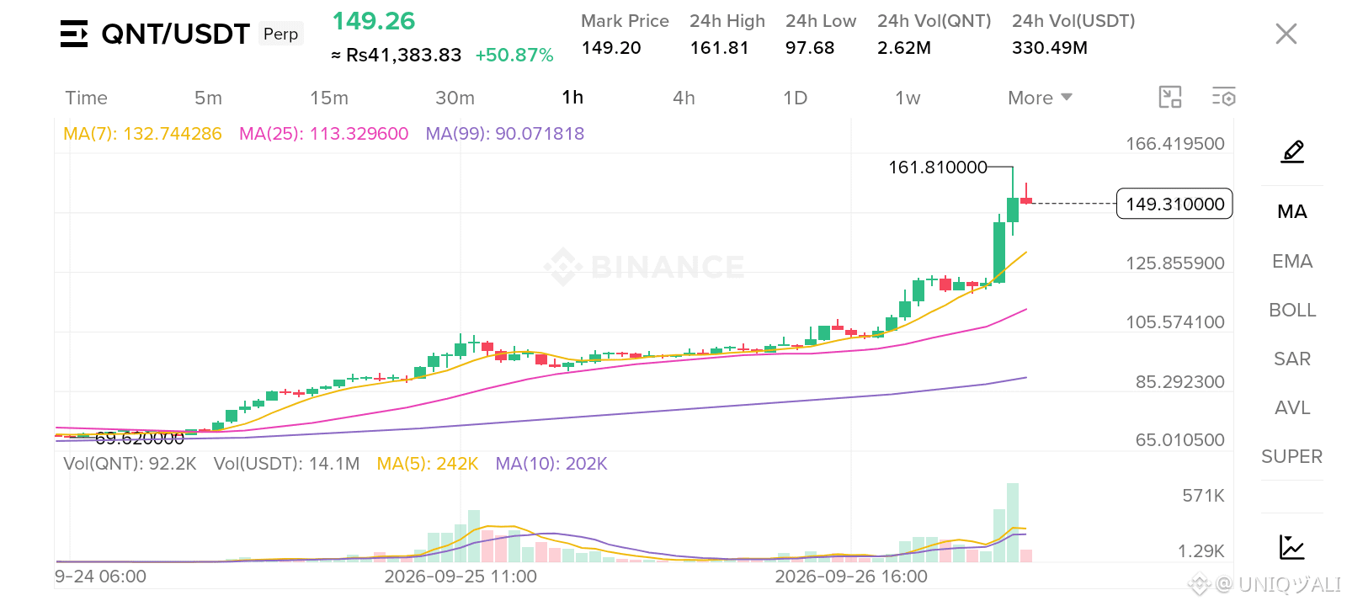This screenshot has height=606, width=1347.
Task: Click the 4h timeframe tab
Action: click(x=683, y=98)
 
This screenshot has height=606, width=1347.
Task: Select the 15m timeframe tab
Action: click(x=329, y=98)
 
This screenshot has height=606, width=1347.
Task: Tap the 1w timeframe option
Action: click(x=908, y=98)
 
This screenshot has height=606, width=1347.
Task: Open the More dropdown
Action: click(x=1040, y=98)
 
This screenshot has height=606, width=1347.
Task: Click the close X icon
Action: click(x=1286, y=35)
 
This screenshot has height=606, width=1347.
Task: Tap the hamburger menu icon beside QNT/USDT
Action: click(x=74, y=34)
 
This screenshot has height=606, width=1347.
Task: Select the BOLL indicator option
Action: click(x=1292, y=310)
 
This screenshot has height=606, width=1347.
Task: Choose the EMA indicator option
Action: click(x=1292, y=261)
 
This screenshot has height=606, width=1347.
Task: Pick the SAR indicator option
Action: click(x=1292, y=359)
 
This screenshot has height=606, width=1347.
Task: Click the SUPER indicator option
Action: click(x=1291, y=456)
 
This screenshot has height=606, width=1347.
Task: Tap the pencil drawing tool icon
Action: click(x=1292, y=151)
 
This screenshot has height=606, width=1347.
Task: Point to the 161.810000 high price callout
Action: click(x=938, y=167)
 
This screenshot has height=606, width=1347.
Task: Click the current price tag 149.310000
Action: click(x=1174, y=204)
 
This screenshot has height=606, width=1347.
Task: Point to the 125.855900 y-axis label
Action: click(x=1175, y=263)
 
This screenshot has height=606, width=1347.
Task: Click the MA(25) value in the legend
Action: click(x=323, y=134)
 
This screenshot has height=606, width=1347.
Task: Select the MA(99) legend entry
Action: click(x=504, y=134)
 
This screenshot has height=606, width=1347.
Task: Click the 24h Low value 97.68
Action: click(x=809, y=47)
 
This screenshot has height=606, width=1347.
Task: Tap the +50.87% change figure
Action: click(x=514, y=56)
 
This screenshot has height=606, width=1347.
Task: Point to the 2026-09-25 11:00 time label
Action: click(x=461, y=577)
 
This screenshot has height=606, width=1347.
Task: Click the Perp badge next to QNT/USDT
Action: click(x=281, y=34)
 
